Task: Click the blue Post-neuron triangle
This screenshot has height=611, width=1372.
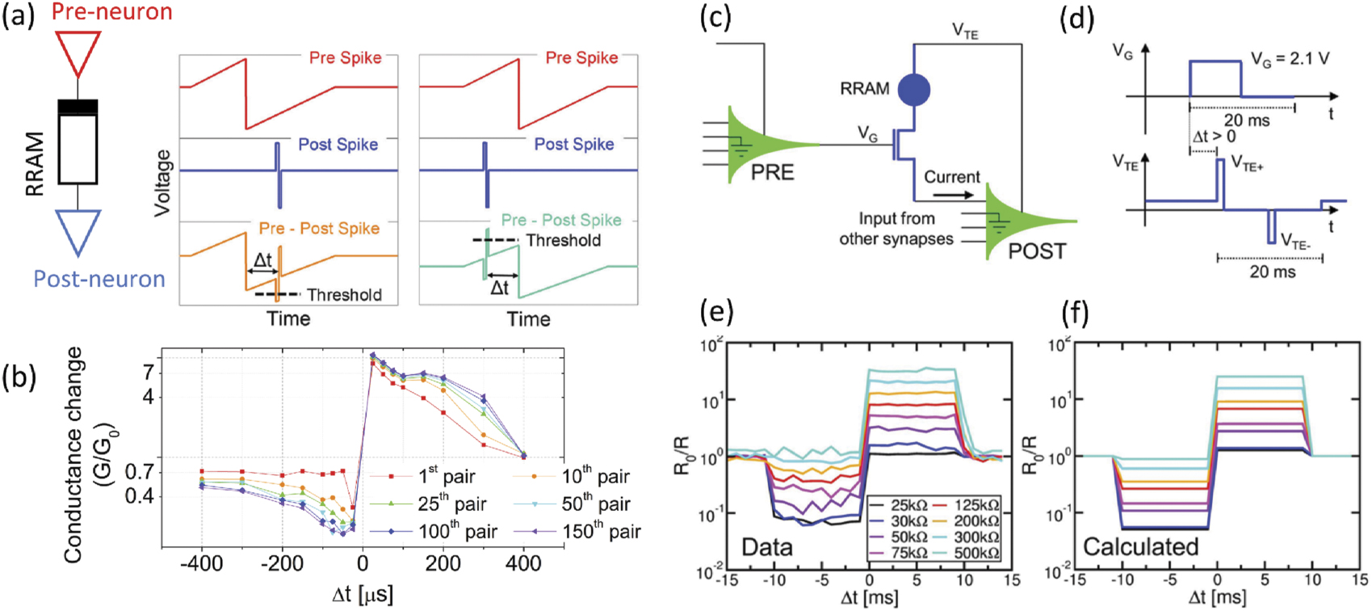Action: tap(78, 229)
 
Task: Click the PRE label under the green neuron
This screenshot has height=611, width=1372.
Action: tap(772, 172)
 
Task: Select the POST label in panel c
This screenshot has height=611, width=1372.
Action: tap(1037, 251)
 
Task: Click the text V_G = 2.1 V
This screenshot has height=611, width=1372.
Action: tap(1290, 59)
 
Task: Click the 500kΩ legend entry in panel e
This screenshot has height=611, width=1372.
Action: tap(976, 553)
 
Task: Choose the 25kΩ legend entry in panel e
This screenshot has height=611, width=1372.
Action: tap(908, 505)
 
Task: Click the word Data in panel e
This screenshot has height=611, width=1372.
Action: tap(766, 547)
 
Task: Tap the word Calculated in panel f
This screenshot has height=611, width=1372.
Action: tap(1140, 547)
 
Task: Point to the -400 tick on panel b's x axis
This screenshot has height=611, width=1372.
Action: tap(201, 563)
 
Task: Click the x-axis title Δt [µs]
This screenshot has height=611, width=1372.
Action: tap(363, 595)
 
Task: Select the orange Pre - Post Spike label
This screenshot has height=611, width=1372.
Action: tap(319, 229)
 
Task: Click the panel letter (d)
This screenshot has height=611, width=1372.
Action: tap(1076, 17)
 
